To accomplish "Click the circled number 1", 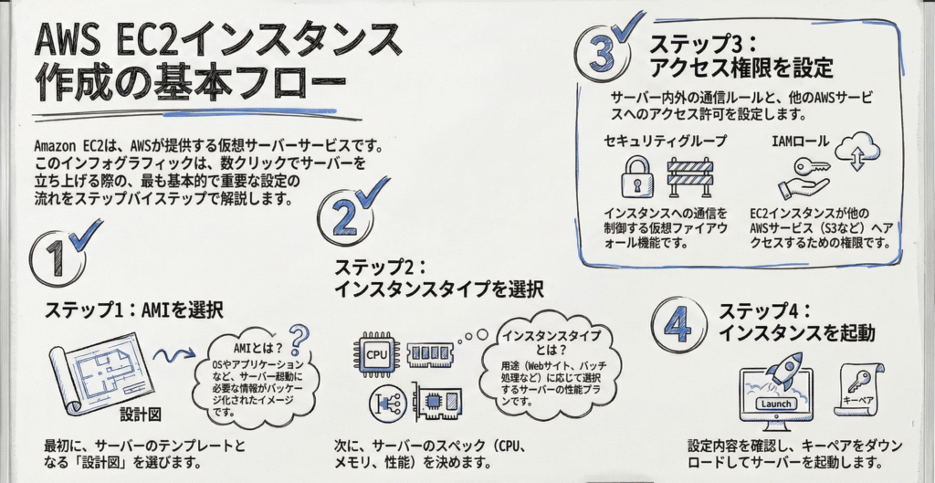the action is tap(57, 259).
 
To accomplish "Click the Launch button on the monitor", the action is tap(776, 404).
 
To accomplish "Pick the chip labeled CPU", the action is tap(376, 355).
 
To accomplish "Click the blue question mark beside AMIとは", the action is tap(299, 340).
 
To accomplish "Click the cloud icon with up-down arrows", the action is tap(856, 152).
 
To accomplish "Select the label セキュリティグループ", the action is tap(665, 142).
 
